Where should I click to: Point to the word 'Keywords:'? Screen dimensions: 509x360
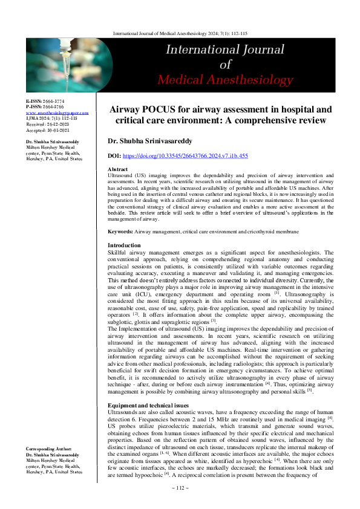tap(120, 232)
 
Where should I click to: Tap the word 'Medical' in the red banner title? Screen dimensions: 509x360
tap(192, 79)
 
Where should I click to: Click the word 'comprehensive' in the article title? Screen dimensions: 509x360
tap(240, 120)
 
